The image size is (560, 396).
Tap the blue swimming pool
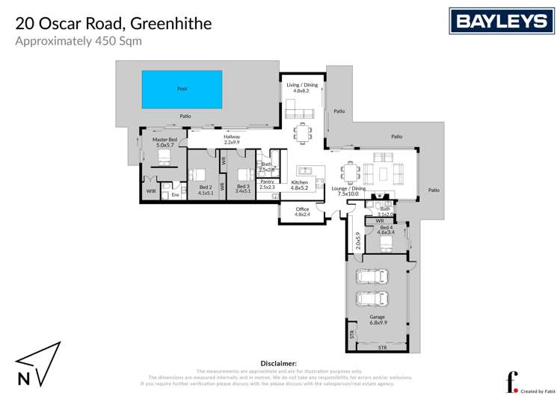click(x=182, y=89)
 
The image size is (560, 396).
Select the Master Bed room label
click(x=164, y=140)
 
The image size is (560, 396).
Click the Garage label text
click(x=377, y=317)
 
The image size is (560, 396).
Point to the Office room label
click(x=302, y=209)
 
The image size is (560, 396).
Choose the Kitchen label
click(x=299, y=182)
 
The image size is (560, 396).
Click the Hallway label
click(x=232, y=137)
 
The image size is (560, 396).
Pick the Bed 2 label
click(x=206, y=188)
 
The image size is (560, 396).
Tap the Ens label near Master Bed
click(x=175, y=195)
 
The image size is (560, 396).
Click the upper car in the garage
click(x=372, y=277)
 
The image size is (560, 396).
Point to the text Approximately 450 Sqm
click(x=79, y=41)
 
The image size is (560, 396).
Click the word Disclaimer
click(x=279, y=362)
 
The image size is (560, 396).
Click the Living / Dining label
click(x=302, y=85)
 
